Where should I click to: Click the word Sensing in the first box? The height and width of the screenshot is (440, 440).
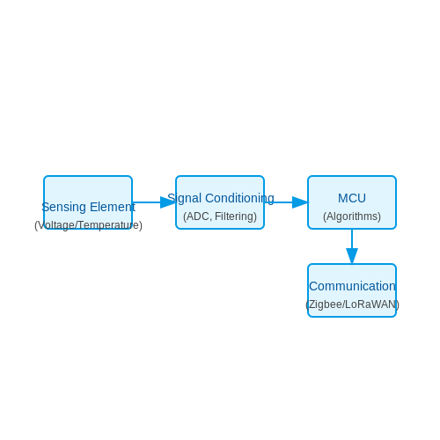(x=64, y=207)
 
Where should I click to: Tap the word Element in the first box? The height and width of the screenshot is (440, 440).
(x=113, y=207)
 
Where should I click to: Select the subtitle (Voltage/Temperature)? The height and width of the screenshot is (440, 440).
(x=88, y=225)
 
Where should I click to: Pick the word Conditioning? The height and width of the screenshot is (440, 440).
(x=239, y=199)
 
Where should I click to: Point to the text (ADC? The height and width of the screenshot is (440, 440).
(x=197, y=216)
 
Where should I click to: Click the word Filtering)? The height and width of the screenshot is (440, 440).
(x=236, y=216)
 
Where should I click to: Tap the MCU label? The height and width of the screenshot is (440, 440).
(x=352, y=198)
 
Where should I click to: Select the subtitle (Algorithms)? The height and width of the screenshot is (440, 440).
(x=352, y=216)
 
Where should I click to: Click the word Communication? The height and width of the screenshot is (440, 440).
(x=352, y=286)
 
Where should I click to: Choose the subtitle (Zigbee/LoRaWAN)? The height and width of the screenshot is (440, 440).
(x=352, y=304)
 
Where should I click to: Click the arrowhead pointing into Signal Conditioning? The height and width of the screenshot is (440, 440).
(x=168, y=202)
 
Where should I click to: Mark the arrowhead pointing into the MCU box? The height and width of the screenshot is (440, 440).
(x=300, y=202)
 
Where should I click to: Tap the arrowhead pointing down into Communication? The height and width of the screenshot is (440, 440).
(x=352, y=256)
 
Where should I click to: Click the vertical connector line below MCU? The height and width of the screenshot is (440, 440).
(x=352, y=238)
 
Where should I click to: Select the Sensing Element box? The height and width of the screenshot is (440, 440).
(x=88, y=202)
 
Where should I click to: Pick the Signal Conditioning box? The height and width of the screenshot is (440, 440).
(x=220, y=202)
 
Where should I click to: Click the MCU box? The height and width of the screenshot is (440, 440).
(x=352, y=202)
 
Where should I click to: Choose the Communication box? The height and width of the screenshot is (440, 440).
(x=352, y=290)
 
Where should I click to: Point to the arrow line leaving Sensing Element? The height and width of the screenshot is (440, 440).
(x=147, y=202)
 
